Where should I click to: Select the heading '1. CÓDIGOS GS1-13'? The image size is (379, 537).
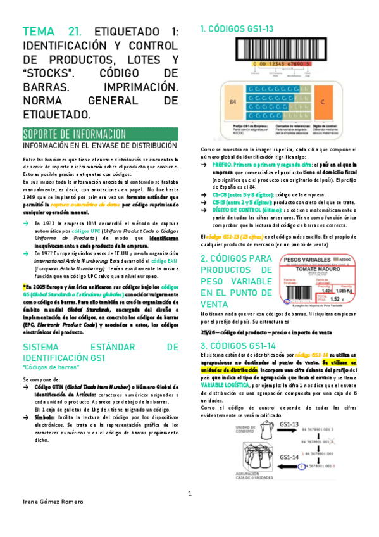point(237,28)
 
